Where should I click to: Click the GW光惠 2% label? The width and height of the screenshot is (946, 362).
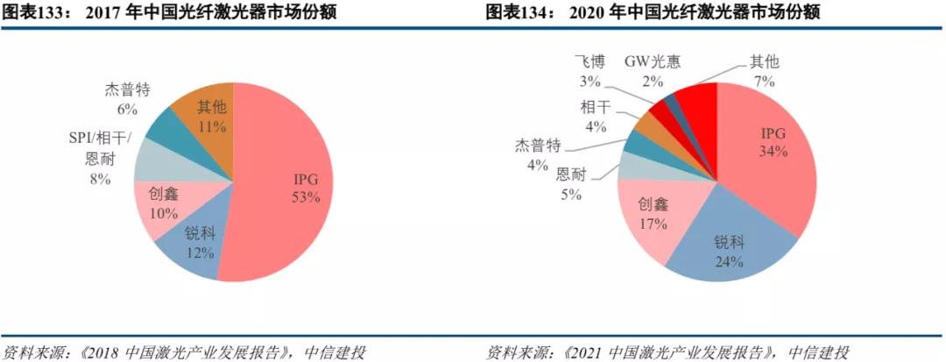click(x=652, y=71)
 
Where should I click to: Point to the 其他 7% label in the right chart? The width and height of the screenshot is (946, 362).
click(x=763, y=71)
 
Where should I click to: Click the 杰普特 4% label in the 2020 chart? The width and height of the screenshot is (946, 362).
click(x=537, y=154)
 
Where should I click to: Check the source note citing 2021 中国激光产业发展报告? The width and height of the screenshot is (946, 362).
click(x=667, y=352)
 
